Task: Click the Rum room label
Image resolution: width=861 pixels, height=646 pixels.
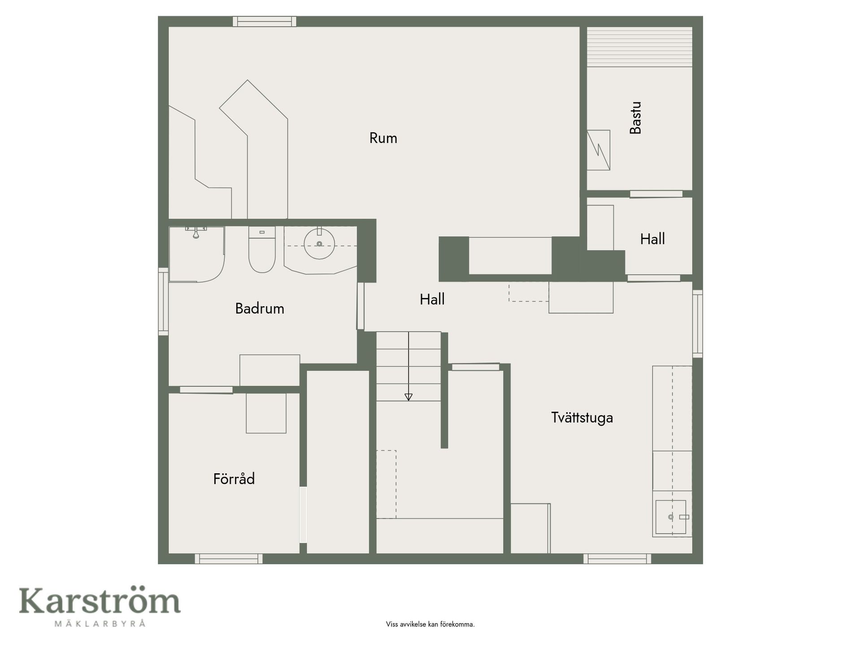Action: point(383,138)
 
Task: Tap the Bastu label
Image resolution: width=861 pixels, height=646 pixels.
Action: point(635,118)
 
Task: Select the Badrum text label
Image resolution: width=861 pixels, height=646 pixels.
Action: point(260,309)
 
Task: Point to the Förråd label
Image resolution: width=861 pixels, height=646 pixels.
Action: point(234,479)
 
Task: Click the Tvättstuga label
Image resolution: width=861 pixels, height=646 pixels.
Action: point(582,418)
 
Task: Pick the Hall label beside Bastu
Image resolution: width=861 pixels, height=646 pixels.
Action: point(652,239)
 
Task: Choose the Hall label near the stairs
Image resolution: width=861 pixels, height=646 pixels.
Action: point(432,299)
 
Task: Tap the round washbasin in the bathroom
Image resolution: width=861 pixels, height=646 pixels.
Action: point(319,244)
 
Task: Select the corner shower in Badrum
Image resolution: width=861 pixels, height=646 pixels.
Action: point(196,254)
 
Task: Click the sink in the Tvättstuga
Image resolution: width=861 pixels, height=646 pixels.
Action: point(671,517)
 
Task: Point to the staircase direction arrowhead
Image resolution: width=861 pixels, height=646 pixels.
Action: point(409,397)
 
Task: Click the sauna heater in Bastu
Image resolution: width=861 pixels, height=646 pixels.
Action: point(599,150)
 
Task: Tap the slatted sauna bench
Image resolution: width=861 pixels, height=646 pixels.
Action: point(640,47)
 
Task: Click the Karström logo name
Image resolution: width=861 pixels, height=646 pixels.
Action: point(100,601)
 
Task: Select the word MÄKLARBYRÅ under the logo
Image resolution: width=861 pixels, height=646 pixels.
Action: point(100,623)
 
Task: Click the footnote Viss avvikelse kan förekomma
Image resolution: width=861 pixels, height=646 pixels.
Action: point(430,624)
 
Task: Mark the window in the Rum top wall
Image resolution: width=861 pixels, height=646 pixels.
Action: point(265,22)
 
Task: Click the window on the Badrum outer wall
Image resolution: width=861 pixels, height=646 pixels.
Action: point(163,301)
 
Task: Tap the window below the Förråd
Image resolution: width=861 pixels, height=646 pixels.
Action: point(229,559)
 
